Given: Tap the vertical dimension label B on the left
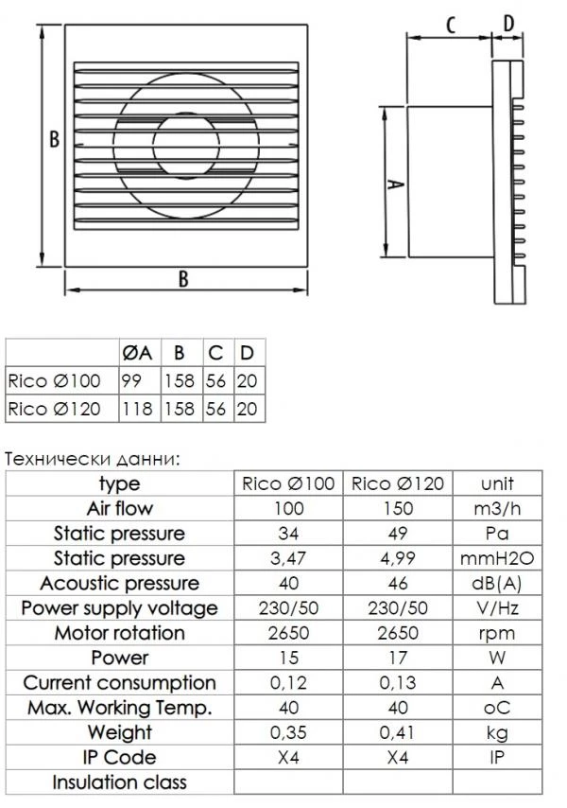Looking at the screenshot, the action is [x=54, y=139].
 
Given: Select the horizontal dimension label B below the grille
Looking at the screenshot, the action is [x=183, y=278].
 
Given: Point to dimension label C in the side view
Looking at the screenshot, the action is [x=451, y=25].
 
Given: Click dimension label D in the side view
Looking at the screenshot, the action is [x=507, y=23].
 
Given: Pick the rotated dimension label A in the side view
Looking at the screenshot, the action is [x=395, y=184].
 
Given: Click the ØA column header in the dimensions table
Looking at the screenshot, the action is [x=137, y=353].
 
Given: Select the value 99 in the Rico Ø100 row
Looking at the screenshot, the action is [x=131, y=380].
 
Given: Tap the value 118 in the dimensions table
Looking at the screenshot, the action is [x=137, y=409].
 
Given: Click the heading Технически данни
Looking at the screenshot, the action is [x=93, y=459].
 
